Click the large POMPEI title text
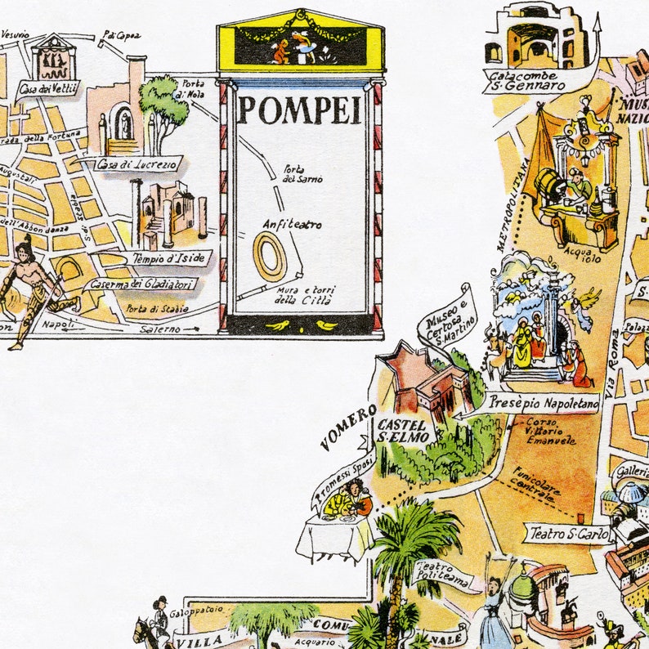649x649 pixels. (x=299, y=110)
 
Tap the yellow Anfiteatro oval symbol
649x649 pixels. (x=270, y=256)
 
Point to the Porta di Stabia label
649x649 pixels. (x=157, y=308)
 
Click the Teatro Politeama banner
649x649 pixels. (x=445, y=575)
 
